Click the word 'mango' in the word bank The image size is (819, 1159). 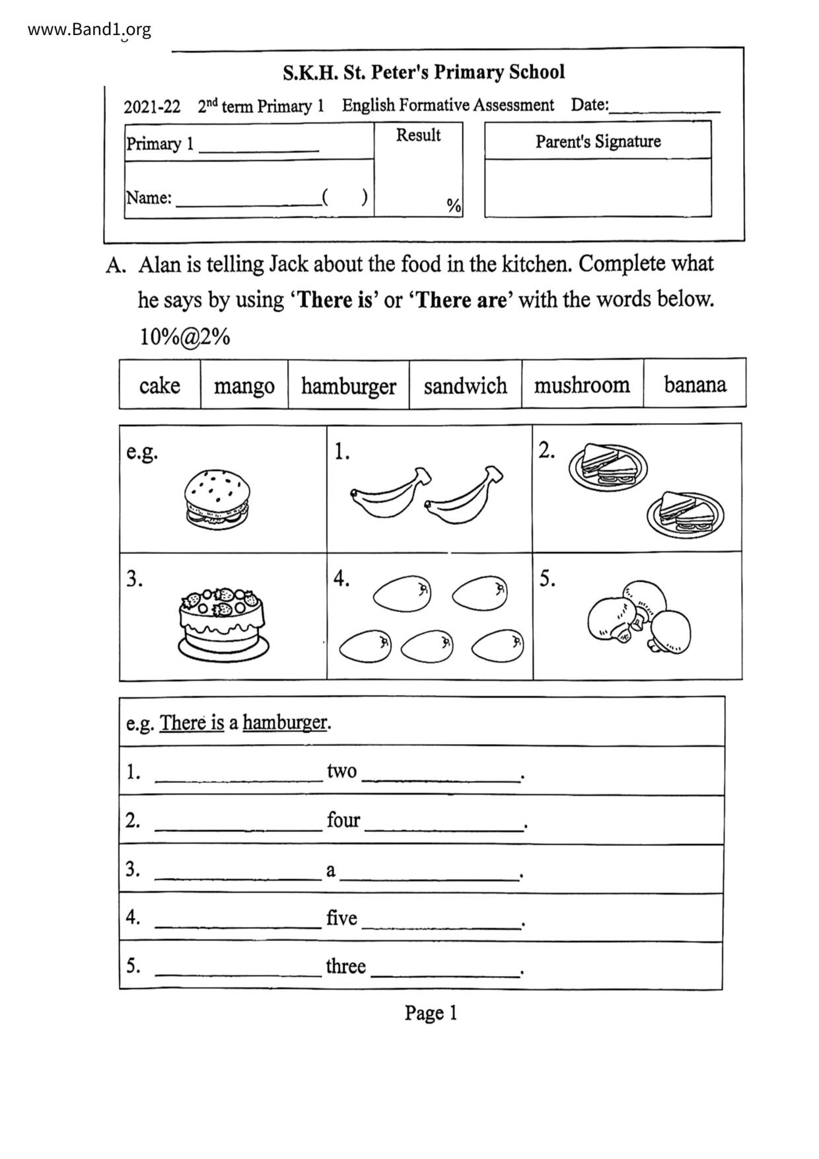tap(244, 386)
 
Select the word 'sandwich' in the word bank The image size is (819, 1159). tap(465, 386)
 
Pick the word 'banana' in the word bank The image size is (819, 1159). tap(695, 385)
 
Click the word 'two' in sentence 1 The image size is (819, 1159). tap(341, 771)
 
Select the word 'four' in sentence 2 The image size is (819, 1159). tap(343, 820)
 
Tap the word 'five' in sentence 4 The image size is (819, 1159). tap(341, 918)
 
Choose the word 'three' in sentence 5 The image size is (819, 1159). tap(345, 967)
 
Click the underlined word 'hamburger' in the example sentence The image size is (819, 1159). tap(285, 723)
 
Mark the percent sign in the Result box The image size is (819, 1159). tap(453, 206)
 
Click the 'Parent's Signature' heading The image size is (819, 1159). tap(598, 141)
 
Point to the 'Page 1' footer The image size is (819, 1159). tap(431, 1013)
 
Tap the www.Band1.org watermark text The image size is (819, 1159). tap(90, 30)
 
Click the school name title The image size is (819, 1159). tap(423, 72)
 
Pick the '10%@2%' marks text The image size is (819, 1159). tap(184, 337)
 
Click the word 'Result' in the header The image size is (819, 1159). tap(418, 135)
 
